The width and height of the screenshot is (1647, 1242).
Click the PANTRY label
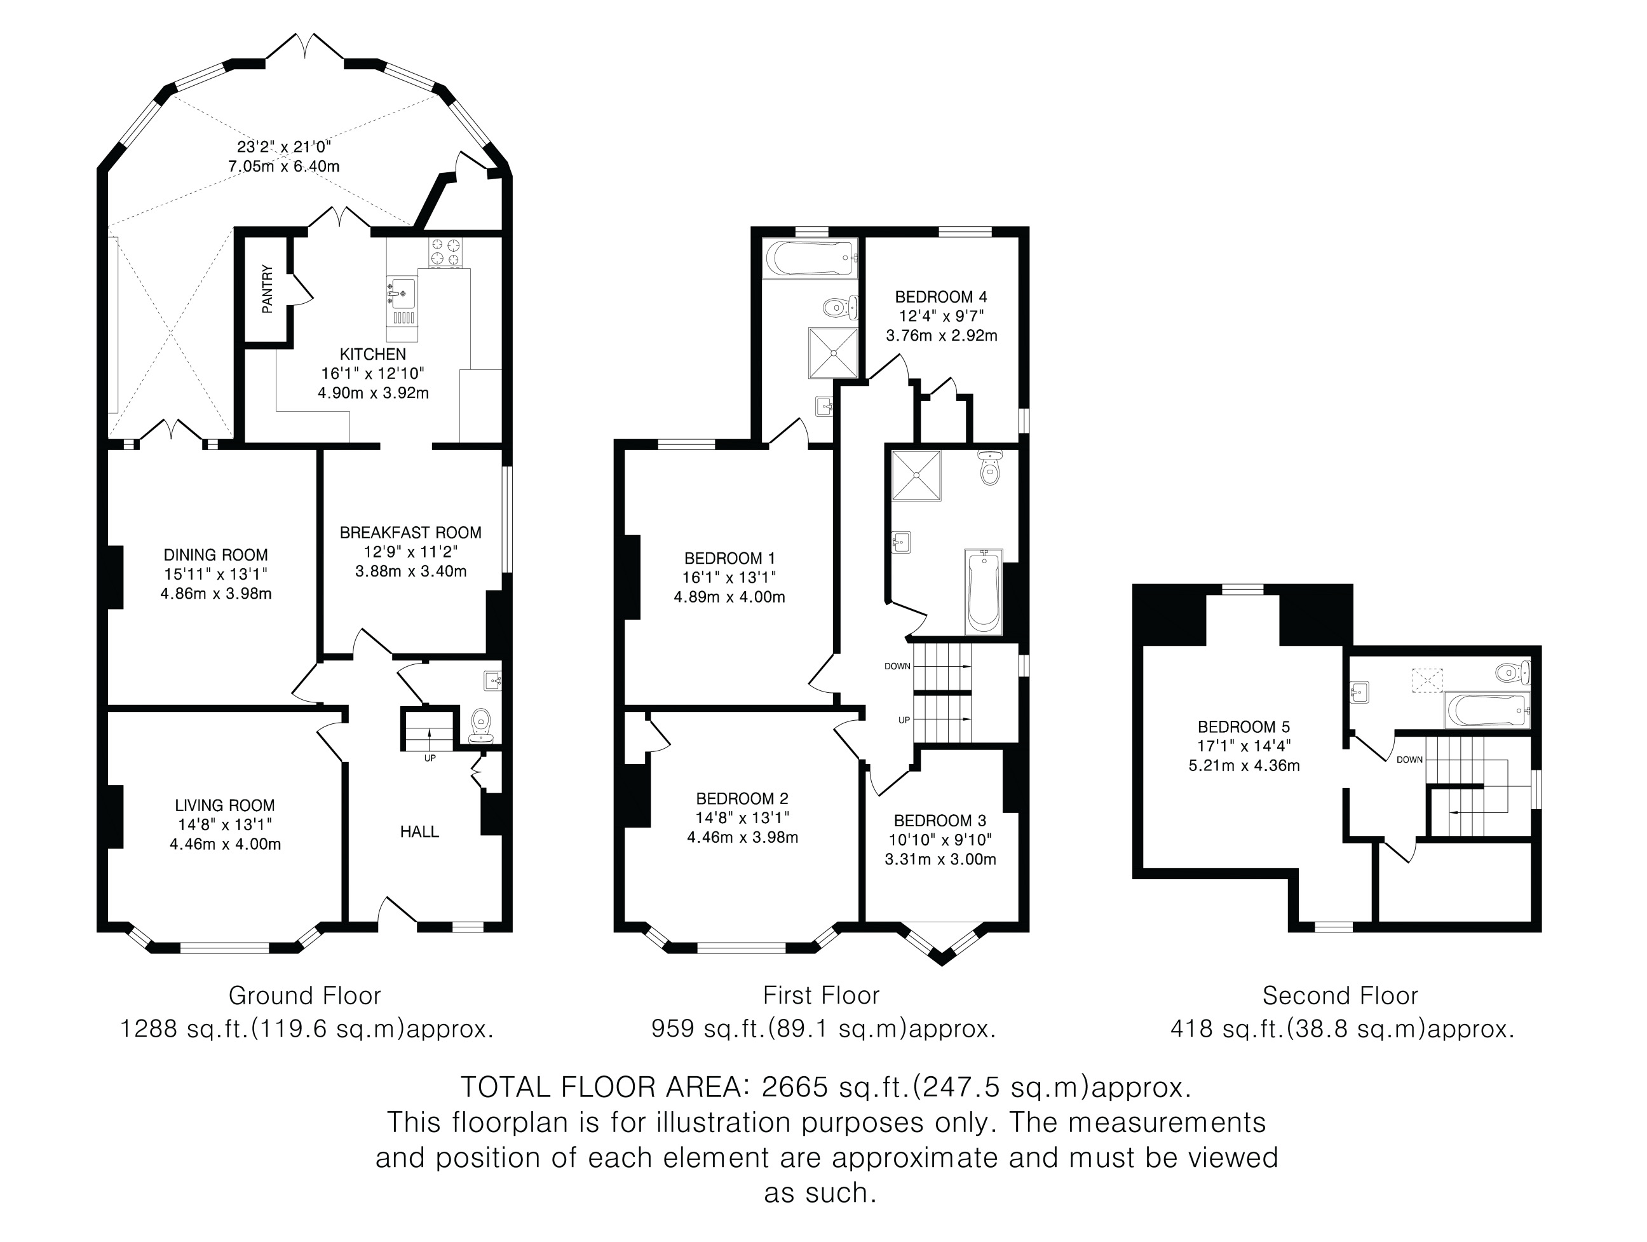(x=268, y=289)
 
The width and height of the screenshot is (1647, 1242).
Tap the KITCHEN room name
(x=373, y=355)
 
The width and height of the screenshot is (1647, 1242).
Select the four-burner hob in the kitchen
(x=445, y=252)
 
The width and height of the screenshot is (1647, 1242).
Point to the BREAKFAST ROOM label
(x=410, y=533)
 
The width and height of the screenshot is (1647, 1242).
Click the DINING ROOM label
(x=216, y=555)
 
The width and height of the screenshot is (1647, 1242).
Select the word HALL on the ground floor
(x=419, y=832)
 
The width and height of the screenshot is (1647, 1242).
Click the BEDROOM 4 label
(x=941, y=297)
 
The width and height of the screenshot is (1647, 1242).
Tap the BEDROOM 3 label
(x=940, y=821)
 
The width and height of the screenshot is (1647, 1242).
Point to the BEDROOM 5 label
(x=1244, y=727)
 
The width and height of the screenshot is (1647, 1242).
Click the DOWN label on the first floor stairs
(x=897, y=666)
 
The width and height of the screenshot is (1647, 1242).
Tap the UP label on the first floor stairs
(x=904, y=720)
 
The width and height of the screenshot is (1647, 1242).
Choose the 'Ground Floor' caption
(x=304, y=995)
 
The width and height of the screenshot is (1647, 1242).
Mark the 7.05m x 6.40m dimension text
(x=283, y=167)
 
